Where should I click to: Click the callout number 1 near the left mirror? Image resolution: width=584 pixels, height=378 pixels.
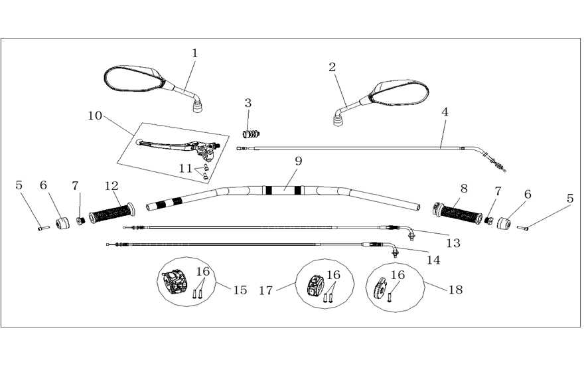[x=194, y=53]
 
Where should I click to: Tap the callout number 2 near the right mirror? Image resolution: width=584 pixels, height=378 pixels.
[x=332, y=67]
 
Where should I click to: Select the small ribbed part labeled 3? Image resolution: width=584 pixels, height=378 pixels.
[x=252, y=134]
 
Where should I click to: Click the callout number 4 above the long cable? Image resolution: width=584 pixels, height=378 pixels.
[x=445, y=112]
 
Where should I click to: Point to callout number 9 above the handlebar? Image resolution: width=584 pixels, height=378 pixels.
[x=299, y=161]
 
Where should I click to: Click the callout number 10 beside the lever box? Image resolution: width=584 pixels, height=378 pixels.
[x=95, y=116]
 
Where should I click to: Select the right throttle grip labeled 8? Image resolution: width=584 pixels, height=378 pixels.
[x=458, y=213]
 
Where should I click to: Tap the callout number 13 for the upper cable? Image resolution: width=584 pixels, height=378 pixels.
[x=453, y=243]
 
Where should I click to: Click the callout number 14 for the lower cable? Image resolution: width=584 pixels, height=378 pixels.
[x=433, y=260]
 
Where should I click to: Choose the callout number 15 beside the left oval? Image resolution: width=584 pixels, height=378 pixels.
[x=240, y=290]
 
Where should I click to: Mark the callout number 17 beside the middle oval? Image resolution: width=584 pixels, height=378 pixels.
[x=266, y=290]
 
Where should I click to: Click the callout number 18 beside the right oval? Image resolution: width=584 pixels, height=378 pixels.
[x=455, y=290]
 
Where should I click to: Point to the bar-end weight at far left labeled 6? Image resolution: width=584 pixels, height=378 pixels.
[x=62, y=223]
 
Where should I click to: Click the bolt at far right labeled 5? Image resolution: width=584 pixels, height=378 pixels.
[x=522, y=228]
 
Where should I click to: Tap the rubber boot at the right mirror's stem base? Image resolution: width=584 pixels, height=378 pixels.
[x=338, y=120]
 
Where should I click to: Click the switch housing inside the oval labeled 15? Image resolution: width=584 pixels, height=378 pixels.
[x=175, y=283]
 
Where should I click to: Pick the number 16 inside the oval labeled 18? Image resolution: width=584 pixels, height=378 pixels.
[x=398, y=275]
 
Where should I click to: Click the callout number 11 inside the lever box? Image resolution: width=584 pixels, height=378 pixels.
[x=185, y=169]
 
